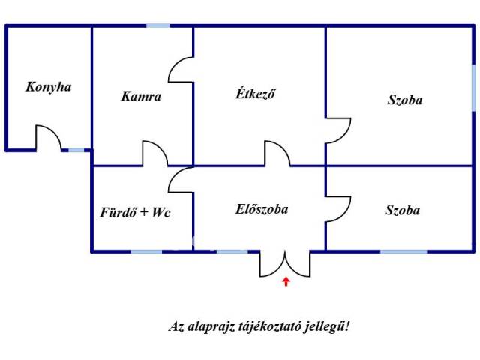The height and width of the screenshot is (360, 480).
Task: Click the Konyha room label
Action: pyautogui.click(x=48, y=87)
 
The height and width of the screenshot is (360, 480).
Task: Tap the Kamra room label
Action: pyautogui.click(x=141, y=97)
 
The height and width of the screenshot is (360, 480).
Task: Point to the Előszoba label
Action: pyautogui.click(x=261, y=209)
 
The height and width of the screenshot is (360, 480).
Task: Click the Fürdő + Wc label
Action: pyautogui.click(x=136, y=213)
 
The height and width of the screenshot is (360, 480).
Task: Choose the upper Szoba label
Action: pyautogui.click(x=405, y=100)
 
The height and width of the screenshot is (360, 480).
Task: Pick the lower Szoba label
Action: pyautogui.click(x=403, y=211)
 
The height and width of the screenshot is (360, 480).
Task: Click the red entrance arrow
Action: pyautogui.click(x=286, y=282)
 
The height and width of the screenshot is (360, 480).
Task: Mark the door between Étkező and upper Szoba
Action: pyautogui.click(x=337, y=129)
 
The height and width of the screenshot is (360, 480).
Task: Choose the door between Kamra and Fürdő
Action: pyautogui.click(x=155, y=153)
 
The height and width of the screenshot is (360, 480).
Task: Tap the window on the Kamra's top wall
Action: pyautogui.click(x=157, y=26)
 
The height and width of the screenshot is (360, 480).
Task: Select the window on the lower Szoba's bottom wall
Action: pyautogui.click(x=403, y=251)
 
